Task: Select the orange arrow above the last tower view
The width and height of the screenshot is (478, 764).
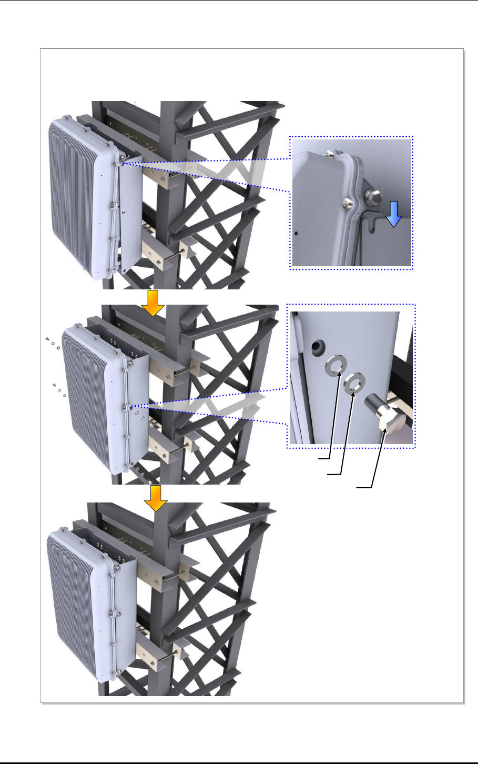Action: tap(156, 498)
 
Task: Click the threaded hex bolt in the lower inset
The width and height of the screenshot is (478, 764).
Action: tap(382, 416)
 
